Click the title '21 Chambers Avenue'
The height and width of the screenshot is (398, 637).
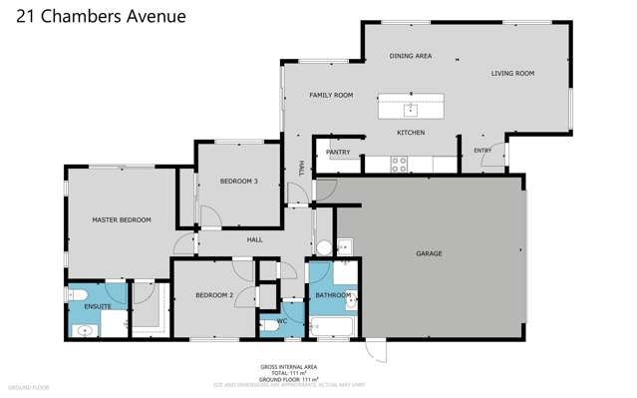93,16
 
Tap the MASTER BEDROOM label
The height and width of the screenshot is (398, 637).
121,219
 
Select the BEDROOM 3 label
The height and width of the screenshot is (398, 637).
239,182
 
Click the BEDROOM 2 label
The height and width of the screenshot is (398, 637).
214,295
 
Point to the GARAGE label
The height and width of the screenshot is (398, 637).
429,253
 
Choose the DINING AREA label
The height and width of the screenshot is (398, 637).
410,57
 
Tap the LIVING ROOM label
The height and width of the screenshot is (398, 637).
512,74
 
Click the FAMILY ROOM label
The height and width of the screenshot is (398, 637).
331,96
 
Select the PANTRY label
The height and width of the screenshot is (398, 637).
337,153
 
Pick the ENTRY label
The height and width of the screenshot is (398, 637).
482,151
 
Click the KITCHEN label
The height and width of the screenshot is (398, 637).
411,133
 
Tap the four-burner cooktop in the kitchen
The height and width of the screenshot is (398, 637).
399,163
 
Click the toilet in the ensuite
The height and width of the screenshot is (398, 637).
79,295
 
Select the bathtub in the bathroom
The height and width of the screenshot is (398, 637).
328,326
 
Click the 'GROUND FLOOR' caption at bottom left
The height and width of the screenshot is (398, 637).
27,386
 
